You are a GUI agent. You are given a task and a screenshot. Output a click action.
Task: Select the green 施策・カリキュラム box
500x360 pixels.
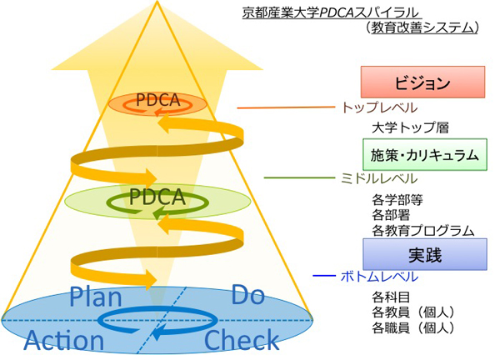click(x=423, y=154)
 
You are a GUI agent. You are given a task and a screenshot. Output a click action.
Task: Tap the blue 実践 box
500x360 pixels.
click(x=424, y=253)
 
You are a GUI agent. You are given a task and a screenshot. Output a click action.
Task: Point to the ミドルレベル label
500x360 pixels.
click(x=377, y=178)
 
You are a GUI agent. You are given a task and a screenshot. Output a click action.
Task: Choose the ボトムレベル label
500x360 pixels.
click(x=377, y=277)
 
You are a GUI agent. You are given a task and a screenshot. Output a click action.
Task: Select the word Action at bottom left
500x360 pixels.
click(x=64, y=340)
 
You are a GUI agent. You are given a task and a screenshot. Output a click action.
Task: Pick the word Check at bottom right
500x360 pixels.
click(x=241, y=340)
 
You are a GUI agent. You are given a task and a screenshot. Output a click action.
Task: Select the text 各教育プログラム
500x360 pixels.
click(x=422, y=231)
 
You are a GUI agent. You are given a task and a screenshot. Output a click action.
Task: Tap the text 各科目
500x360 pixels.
click(x=390, y=296)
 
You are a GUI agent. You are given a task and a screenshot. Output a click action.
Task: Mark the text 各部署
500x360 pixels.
click(x=390, y=216)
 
